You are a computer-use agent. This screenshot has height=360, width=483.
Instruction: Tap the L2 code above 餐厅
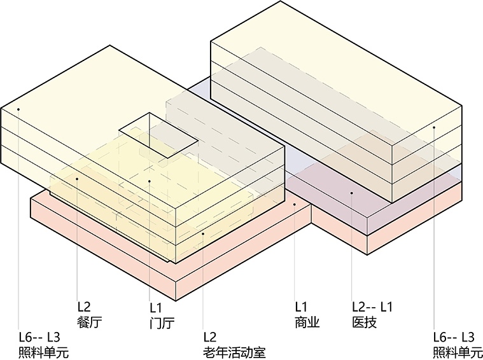tap(84, 305)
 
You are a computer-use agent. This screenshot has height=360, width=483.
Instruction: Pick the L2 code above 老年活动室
tap(211, 337)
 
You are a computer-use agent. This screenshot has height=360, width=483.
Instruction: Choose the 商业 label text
tap(307, 322)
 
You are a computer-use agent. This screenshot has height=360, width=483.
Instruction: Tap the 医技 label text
tap(364, 322)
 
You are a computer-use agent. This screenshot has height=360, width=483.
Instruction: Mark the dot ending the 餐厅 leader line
tap(77, 179)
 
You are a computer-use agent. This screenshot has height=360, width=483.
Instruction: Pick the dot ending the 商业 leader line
tap(295, 205)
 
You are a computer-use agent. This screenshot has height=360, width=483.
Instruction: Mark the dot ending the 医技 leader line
tap(351, 191)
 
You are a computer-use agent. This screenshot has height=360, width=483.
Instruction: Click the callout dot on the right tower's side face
tap(435, 128)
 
